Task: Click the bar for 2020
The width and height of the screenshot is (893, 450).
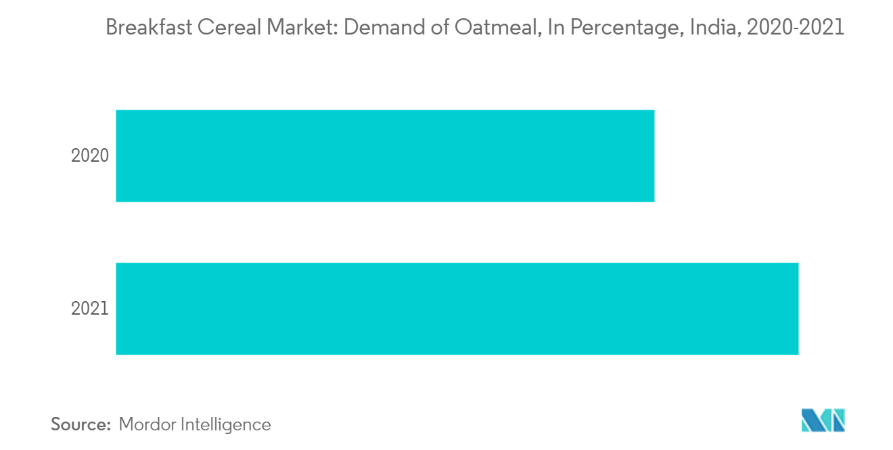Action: (x=385, y=156)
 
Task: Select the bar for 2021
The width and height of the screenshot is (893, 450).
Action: (x=457, y=309)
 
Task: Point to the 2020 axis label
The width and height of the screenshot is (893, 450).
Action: (x=90, y=156)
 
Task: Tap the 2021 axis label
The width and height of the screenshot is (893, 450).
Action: (x=90, y=309)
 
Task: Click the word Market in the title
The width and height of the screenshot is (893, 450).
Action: (x=292, y=28)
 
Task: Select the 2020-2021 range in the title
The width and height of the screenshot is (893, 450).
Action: (x=795, y=28)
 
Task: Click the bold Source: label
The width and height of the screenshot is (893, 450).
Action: (x=81, y=424)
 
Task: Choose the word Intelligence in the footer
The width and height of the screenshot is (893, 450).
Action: (x=226, y=424)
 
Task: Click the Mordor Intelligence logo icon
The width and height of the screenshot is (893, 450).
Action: (x=823, y=420)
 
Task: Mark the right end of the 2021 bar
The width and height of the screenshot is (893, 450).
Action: (x=797, y=309)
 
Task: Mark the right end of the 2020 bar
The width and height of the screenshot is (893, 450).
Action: (x=653, y=156)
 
